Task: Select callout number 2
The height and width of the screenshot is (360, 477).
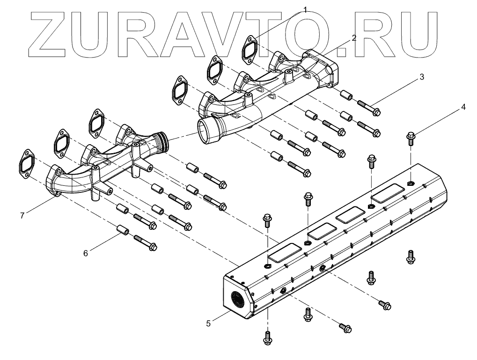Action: click(354, 38)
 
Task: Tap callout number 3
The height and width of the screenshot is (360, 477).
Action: click(421, 77)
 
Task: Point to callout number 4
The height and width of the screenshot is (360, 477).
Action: click(463, 107)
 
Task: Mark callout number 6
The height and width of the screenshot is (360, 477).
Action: click(85, 253)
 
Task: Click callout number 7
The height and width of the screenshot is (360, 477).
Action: click(22, 215)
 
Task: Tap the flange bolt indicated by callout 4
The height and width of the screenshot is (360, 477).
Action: click(411, 139)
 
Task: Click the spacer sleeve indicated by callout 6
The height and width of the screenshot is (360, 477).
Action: click(123, 231)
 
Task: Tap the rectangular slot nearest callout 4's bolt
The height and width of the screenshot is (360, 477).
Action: click(388, 193)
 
